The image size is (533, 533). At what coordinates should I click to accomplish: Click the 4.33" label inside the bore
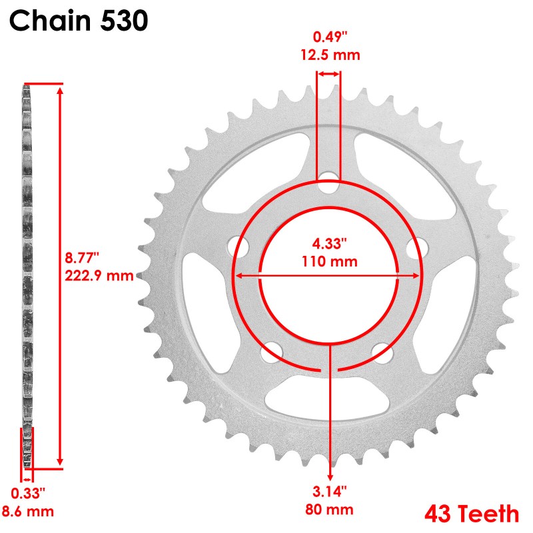[327, 244]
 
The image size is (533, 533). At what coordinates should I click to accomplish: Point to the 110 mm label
[327, 261]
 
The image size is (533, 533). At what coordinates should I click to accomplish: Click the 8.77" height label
[83, 257]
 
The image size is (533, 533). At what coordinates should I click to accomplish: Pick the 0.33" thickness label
[28, 494]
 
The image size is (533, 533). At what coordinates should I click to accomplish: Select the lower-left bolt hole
[270, 352]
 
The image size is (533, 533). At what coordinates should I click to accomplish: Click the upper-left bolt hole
[238, 246]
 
